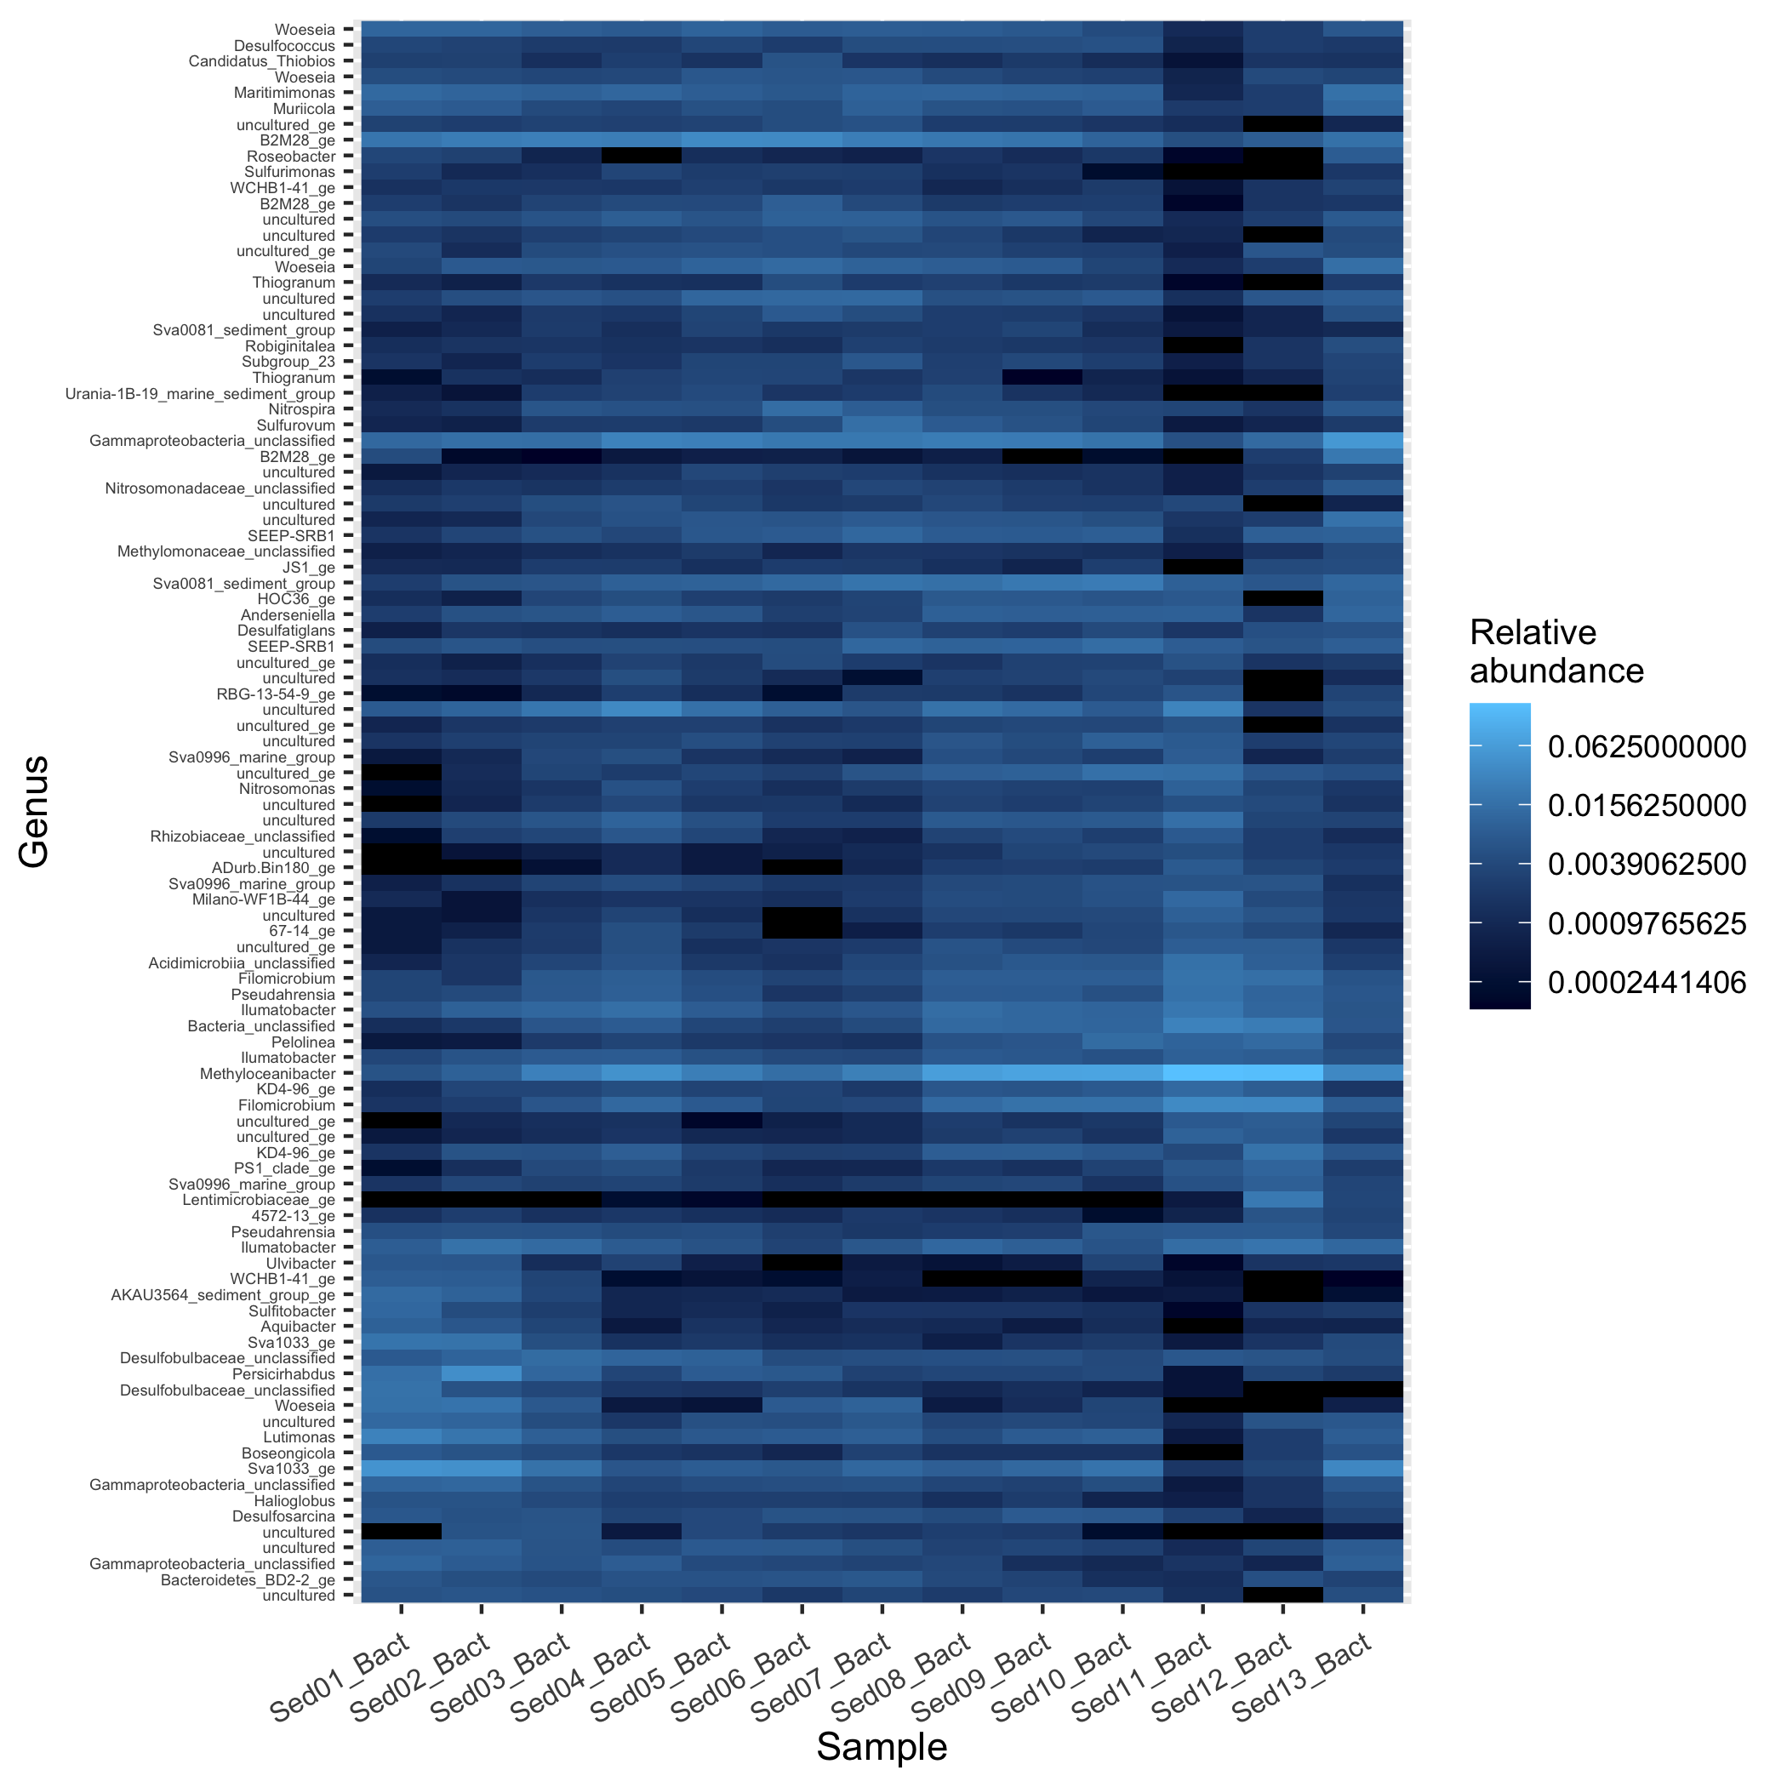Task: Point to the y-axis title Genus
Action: (x=34, y=811)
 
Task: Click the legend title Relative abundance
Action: (x=1556, y=651)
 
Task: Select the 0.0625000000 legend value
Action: (x=1647, y=746)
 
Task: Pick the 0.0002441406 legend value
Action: (x=1647, y=982)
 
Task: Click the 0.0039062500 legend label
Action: (x=1647, y=864)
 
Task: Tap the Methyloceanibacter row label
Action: (x=267, y=1074)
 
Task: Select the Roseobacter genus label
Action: (x=290, y=157)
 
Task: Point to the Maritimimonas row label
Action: (x=285, y=93)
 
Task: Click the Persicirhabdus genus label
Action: (x=283, y=1374)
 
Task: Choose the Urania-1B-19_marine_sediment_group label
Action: (x=200, y=394)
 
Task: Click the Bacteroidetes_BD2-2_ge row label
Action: (x=248, y=1580)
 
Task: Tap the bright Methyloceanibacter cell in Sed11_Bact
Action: (x=1202, y=1074)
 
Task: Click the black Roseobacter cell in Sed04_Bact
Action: (x=641, y=157)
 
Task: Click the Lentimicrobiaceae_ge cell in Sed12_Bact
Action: (x=1282, y=1201)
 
